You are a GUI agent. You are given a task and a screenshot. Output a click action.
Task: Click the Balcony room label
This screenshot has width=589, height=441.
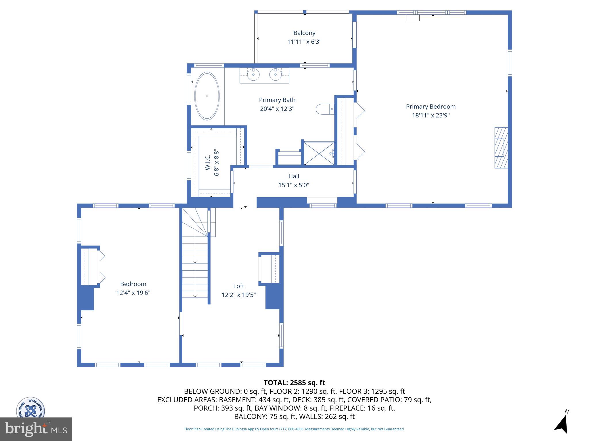pos(304,33)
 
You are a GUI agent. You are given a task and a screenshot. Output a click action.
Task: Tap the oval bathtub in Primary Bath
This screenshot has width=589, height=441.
pos(207,96)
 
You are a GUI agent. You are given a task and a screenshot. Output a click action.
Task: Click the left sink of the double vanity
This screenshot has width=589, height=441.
pos(253,75)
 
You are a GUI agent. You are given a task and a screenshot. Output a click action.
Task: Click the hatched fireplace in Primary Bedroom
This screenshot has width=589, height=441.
pos(501,148)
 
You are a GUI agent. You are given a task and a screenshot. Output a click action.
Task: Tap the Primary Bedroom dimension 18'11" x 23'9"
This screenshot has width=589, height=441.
pos(431,115)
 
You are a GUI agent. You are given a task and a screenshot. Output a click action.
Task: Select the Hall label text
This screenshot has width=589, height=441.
pos(294,176)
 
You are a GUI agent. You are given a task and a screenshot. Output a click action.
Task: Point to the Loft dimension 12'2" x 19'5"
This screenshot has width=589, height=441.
pos(238,295)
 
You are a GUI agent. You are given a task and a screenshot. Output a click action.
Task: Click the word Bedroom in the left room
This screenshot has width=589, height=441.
pos(133,284)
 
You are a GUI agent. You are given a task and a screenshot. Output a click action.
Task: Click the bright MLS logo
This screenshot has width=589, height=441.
pos(36,429)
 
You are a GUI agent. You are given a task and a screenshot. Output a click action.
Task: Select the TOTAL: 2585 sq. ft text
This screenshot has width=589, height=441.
pos(294,383)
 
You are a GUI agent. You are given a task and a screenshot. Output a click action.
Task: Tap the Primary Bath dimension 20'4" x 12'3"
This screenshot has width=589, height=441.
pos(277,109)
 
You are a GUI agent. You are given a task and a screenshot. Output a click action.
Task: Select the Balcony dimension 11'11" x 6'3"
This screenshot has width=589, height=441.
pos(304,42)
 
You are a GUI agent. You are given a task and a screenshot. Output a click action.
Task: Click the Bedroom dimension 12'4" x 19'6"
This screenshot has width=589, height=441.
pos(133,293)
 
